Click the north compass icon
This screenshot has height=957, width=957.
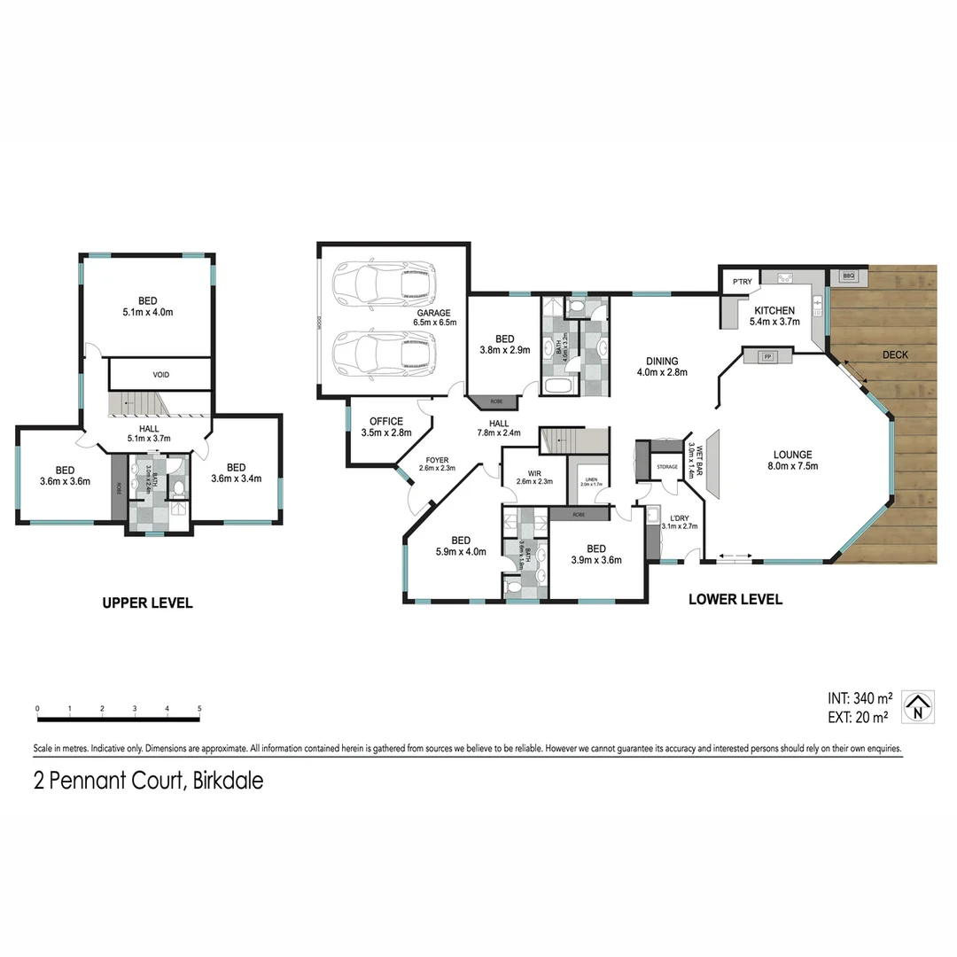(x=918, y=707)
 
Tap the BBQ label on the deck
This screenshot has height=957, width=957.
(x=847, y=276)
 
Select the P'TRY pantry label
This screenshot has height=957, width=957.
(x=741, y=282)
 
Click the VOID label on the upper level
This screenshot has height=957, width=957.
(x=160, y=375)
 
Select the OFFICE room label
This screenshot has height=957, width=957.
(x=386, y=422)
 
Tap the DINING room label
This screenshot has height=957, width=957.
(x=662, y=361)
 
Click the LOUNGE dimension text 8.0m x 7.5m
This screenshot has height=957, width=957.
(x=793, y=466)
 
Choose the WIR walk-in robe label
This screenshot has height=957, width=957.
(x=533, y=472)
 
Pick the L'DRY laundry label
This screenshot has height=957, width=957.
(x=680, y=517)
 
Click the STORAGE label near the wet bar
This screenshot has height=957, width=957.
(x=666, y=466)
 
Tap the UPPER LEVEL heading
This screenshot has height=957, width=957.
(x=147, y=603)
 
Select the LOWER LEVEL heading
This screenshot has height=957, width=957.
(x=735, y=600)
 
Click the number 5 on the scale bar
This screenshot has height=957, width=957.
(x=199, y=708)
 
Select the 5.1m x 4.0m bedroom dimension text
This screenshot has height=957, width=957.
(x=147, y=312)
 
